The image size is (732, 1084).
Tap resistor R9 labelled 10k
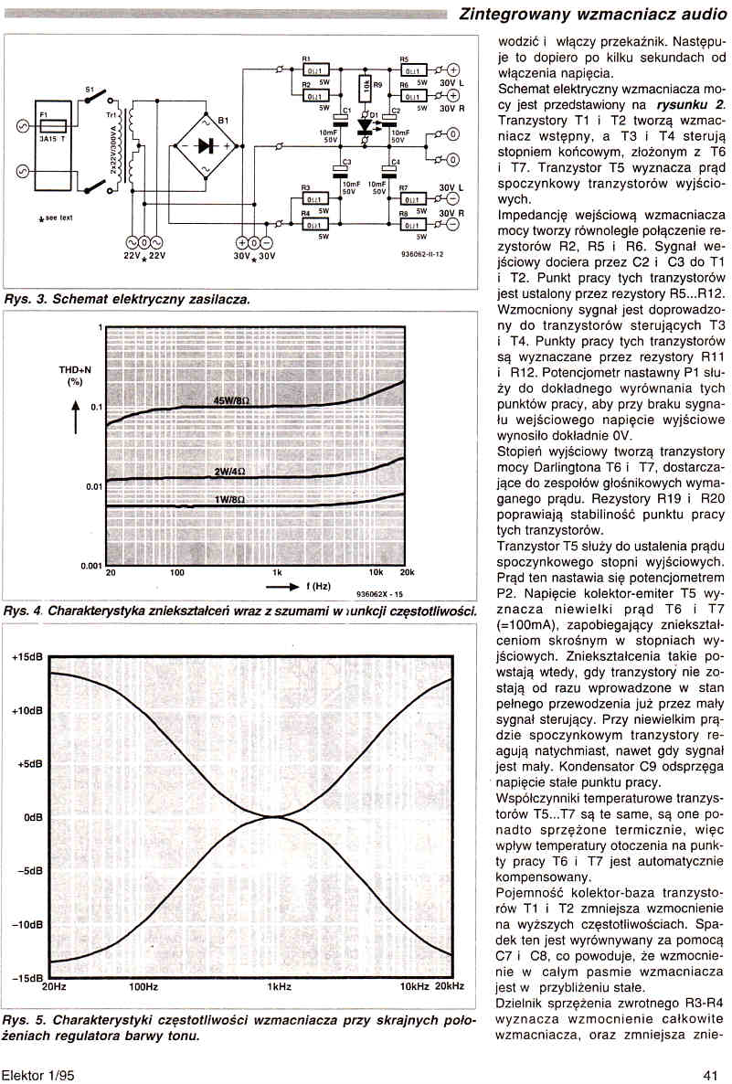click(364, 90)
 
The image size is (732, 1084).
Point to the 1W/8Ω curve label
click(229, 500)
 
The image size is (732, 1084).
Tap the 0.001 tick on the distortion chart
click(88, 567)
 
